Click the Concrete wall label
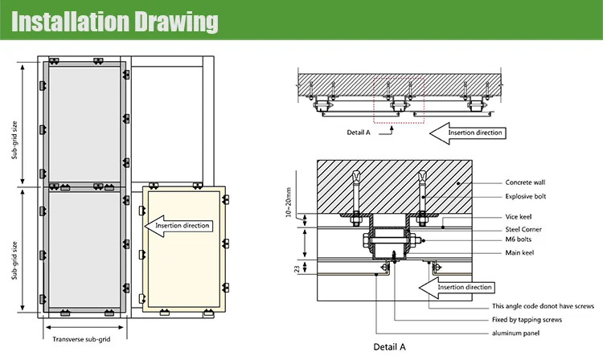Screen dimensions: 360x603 tap(527, 182)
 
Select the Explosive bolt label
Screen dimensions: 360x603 tap(527, 196)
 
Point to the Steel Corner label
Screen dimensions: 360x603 tap(523, 228)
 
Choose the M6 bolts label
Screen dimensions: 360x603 tap(519, 239)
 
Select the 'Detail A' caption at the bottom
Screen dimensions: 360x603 tap(390, 347)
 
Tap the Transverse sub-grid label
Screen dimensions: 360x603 tap(81, 339)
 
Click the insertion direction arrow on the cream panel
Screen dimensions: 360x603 tap(184, 225)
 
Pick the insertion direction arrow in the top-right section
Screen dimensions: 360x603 tap(466, 132)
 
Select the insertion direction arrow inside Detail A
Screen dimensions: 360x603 tap(461, 287)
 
